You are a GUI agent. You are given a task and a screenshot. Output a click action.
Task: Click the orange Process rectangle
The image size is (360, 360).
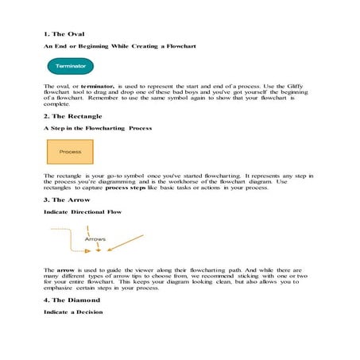pyautogui.click(x=70, y=151)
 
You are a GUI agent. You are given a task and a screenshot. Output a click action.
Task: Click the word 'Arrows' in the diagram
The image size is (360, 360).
pyautogui.click(x=95, y=238)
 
